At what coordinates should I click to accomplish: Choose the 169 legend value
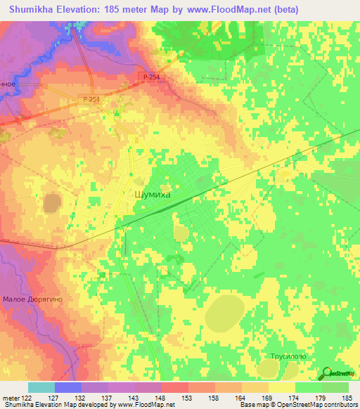(x=266, y=399)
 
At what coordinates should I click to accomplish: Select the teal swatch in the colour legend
(x=41, y=387)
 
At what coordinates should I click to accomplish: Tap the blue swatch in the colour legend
(x=68, y=387)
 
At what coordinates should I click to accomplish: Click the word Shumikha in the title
(x=35, y=10)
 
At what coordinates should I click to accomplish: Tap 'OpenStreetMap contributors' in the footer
(x=319, y=405)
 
